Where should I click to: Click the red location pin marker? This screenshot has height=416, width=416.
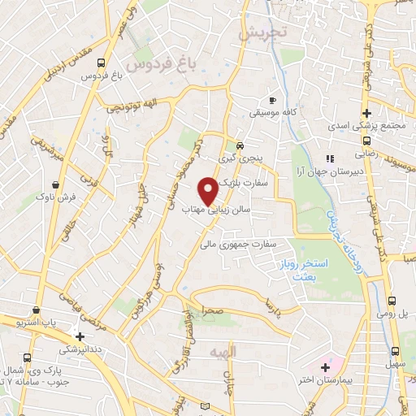pyautogui.click(x=208, y=190)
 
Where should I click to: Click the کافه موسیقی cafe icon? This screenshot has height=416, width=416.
pyautogui.click(x=283, y=99)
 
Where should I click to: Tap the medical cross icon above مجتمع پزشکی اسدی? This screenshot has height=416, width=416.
pyautogui.click(x=367, y=112)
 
